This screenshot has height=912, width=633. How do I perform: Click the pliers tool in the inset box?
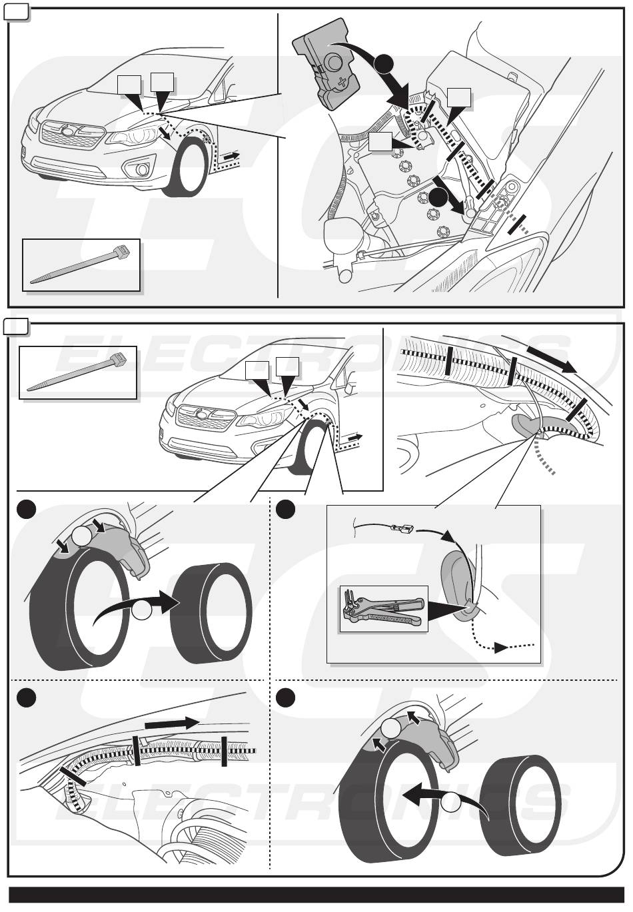tap(383, 608)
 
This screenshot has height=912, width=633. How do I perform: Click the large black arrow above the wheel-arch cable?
tap(551, 358)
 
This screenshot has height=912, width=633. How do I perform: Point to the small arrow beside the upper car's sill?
tap(231, 156)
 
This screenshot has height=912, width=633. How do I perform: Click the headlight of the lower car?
tap(264, 420)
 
